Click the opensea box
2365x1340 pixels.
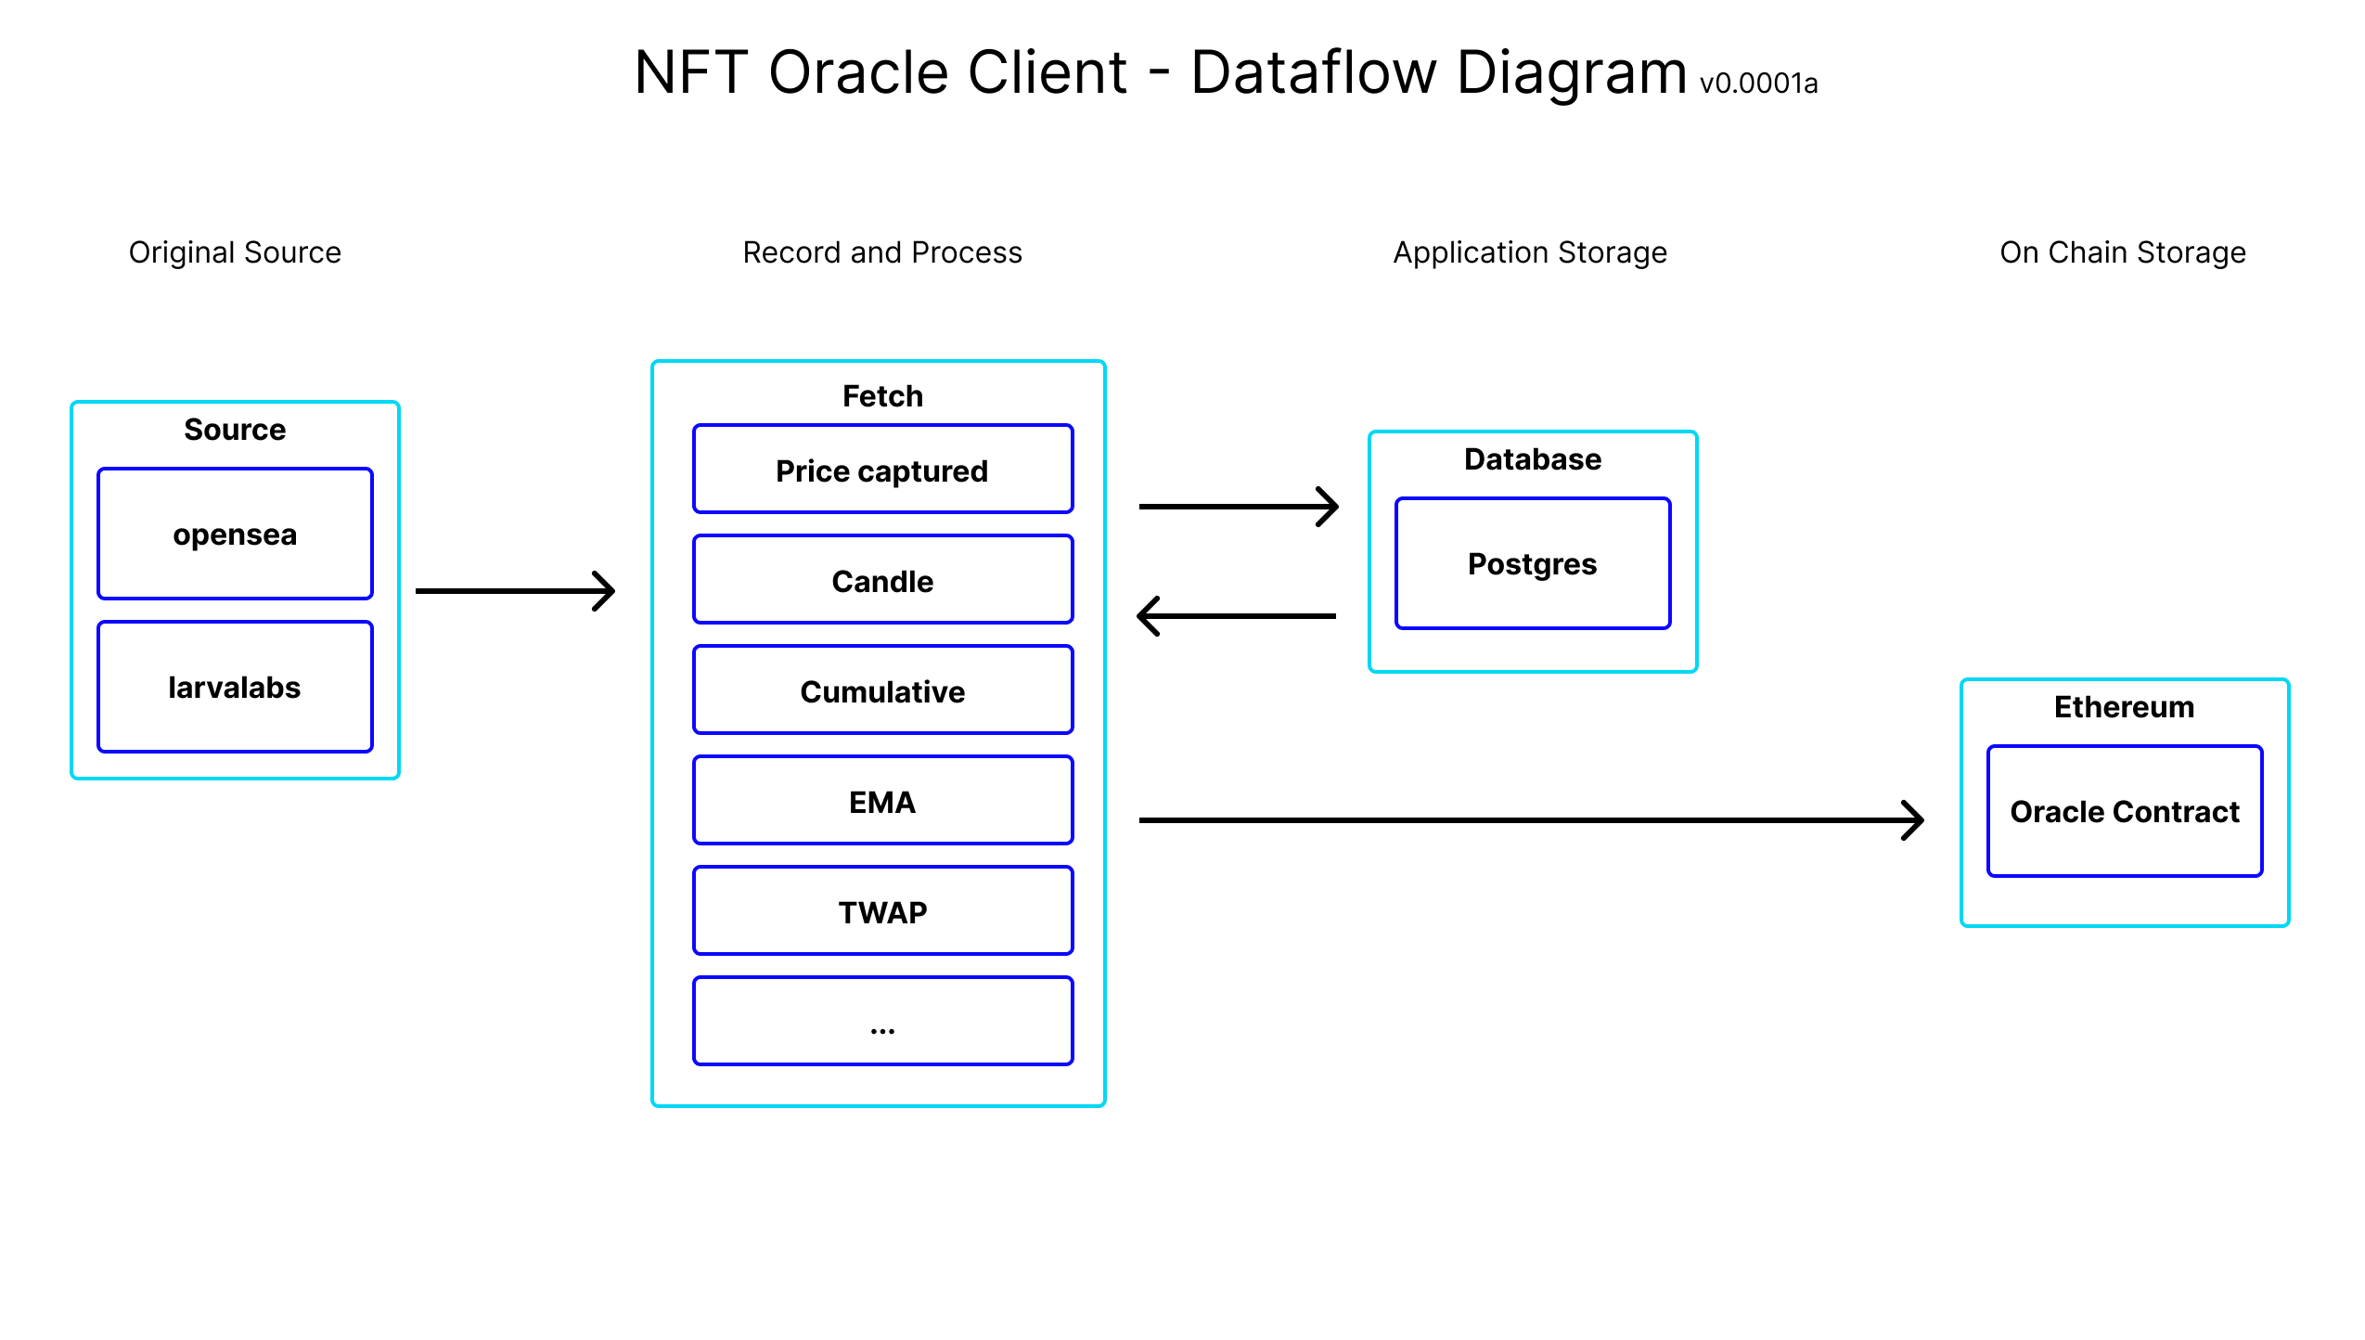click(235, 534)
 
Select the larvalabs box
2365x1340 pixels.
click(235, 687)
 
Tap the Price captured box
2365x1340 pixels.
click(882, 470)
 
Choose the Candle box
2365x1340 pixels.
click(882, 580)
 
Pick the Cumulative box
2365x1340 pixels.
click(882, 690)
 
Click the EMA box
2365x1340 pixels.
click(882, 801)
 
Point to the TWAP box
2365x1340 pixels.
click(882, 911)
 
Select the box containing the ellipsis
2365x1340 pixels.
click(882, 1022)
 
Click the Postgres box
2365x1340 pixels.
click(1533, 563)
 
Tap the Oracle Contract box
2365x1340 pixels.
click(2125, 811)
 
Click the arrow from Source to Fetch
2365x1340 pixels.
click(515, 591)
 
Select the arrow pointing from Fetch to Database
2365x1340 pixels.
click(1239, 507)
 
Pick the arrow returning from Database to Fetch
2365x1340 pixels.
click(1236, 616)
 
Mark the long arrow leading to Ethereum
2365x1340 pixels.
click(1532, 820)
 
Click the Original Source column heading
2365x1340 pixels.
click(235, 252)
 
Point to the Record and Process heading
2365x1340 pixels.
click(882, 252)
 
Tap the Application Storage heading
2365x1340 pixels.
click(1530, 252)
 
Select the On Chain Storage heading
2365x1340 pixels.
click(2123, 252)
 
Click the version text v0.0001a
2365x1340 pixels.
click(1758, 84)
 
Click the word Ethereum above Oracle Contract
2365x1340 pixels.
click(2125, 707)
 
